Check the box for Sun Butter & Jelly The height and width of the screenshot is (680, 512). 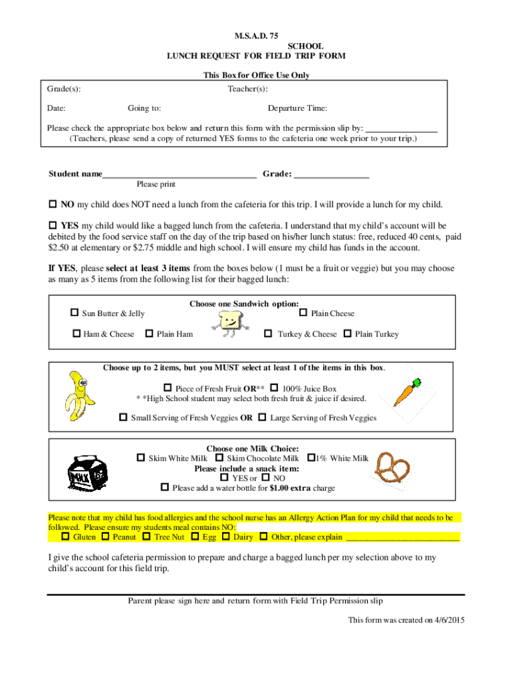tap(74, 313)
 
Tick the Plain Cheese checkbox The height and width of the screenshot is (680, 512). tap(303, 313)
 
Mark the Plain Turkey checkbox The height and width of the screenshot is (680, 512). tap(347, 333)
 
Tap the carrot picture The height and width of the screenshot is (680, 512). tap(406, 392)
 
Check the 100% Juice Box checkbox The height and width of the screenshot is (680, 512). tap(274, 388)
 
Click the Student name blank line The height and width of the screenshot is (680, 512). tap(179, 174)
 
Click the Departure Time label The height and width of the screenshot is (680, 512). tap(297, 108)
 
